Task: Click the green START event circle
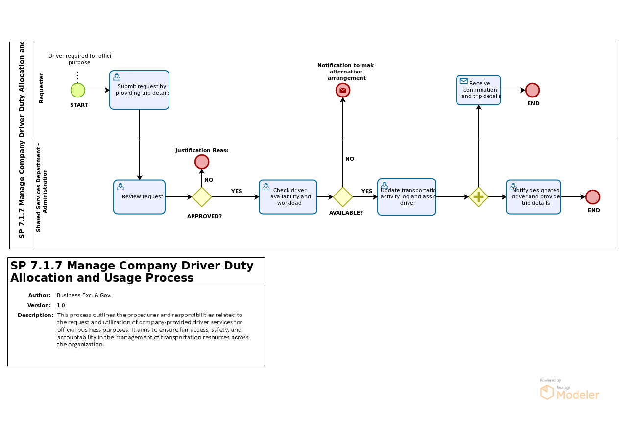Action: (x=78, y=90)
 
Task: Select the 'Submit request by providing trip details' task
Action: (x=139, y=90)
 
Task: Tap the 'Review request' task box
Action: (x=139, y=197)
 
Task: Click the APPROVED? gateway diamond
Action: (x=202, y=197)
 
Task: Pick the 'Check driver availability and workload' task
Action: (x=288, y=197)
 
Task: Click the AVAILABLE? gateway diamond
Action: (x=343, y=197)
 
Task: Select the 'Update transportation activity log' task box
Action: (x=407, y=197)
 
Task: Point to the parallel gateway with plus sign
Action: (x=479, y=197)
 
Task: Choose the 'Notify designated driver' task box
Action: (x=533, y=197)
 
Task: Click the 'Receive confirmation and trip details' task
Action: (x=479, y=90)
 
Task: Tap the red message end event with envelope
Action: (x=343, y=90)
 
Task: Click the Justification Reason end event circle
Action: (x=202, y=162)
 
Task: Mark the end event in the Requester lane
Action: (x=532, y=90)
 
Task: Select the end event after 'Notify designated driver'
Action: (x=593, y=197)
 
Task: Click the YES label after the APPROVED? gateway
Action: (x=237, y=192)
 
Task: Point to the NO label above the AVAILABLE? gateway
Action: (x=350, y=159)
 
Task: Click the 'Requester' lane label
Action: (x=41, y=88)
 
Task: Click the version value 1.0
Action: (x=61, y=305)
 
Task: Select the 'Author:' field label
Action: (x=39, y=296)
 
